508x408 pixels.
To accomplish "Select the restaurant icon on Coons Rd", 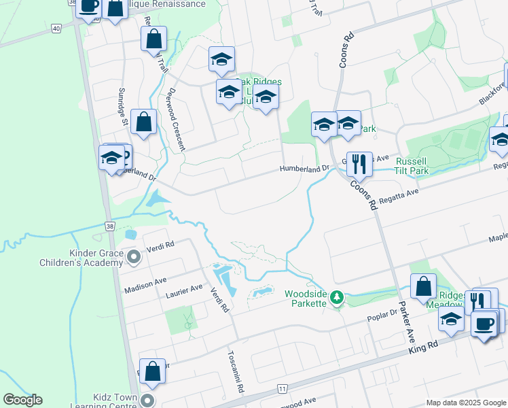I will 359,164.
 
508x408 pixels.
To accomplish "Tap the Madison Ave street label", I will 145,285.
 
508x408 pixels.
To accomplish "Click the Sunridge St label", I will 123,108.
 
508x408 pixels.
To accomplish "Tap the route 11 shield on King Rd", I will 282,388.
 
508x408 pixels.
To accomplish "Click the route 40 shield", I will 56,29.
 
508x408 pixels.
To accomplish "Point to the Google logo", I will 22,400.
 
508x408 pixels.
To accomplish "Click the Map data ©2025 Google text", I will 466,403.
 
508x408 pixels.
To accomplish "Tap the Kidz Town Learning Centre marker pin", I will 149,400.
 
